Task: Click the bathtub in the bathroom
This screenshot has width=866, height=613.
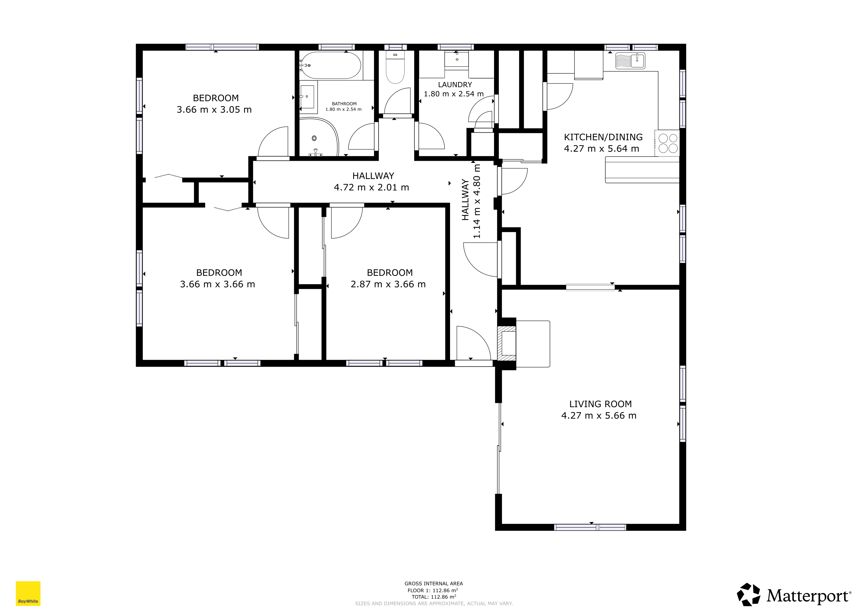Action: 331,65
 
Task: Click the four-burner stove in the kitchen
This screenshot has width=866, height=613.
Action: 668,143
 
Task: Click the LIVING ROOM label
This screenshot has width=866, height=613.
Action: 600,404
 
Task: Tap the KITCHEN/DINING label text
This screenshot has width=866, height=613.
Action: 603,137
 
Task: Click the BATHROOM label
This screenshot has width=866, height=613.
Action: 344,104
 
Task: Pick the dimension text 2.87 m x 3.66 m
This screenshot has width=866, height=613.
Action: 388,284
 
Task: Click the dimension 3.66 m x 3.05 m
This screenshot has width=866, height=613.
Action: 214,110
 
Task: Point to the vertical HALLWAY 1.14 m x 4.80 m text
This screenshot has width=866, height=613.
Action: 471,201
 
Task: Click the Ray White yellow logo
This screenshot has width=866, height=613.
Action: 28,593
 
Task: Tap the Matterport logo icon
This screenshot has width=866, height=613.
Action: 749,594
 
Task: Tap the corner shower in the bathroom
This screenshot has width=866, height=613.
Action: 319,137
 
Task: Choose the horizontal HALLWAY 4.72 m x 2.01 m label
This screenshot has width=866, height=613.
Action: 371,182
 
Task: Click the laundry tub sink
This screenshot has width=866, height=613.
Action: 456,59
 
